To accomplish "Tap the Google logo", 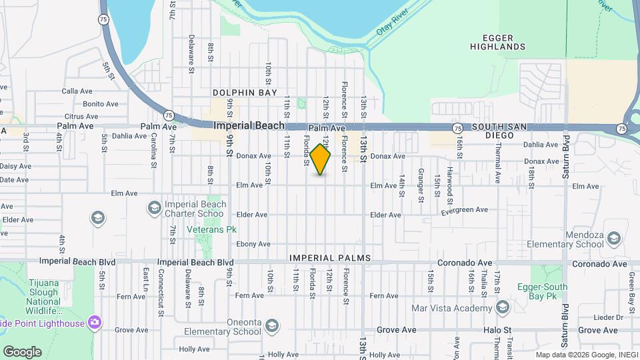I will [x=22, y=351].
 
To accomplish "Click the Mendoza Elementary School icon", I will [x=613, y=238].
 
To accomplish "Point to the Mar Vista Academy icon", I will [x=503, y=307].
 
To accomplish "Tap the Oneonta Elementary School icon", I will [x=271, y=325].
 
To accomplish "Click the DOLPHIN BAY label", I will [x=245, y=93].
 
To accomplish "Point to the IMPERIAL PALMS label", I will [x=329, y=258].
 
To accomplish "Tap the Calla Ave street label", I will [x=76, y=91].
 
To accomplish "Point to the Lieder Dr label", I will [x=607, y=317].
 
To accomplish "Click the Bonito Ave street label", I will [x=101, y=104].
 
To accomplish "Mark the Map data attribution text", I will [x=587, y=355].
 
